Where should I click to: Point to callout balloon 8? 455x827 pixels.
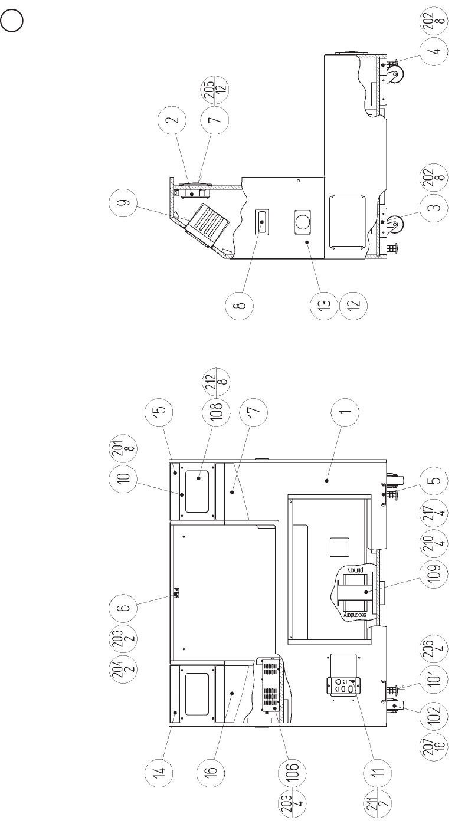tap(241, 306)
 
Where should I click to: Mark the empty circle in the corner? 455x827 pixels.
tap(12, 22)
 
